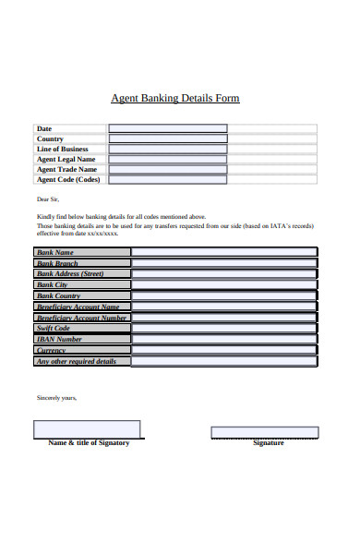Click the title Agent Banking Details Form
[174, 98]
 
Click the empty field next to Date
[167, 128]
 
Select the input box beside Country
[167, 138]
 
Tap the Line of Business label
[63, 149]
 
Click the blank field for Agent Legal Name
[167, 159]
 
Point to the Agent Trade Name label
[66, 169]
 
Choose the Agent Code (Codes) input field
[167, 179]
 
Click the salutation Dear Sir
[48, 199]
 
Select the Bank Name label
[54, 252]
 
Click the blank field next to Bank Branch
[224, 262]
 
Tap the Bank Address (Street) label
[69, 273]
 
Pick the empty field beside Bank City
[224, 284]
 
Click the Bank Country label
[58, 295]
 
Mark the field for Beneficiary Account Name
[224, 307]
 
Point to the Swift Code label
[54, 328]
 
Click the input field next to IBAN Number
[224, 339]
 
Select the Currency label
[51, 350]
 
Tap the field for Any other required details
[224, 361]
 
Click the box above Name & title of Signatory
[87, 429]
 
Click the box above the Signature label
[264, 432]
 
